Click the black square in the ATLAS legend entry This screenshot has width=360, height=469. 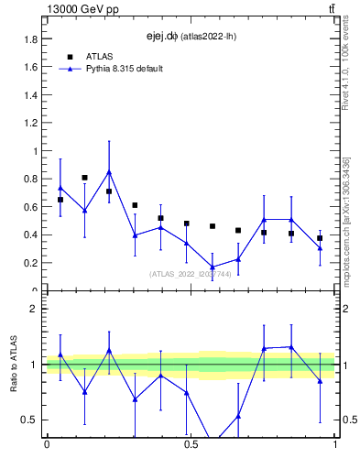(70, 57)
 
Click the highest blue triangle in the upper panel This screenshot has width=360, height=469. (109, 171)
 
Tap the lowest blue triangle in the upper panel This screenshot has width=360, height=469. (213, 267)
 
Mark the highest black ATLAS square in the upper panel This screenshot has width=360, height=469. (84, 178)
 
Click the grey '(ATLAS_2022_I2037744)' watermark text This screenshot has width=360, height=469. (191, 273)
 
